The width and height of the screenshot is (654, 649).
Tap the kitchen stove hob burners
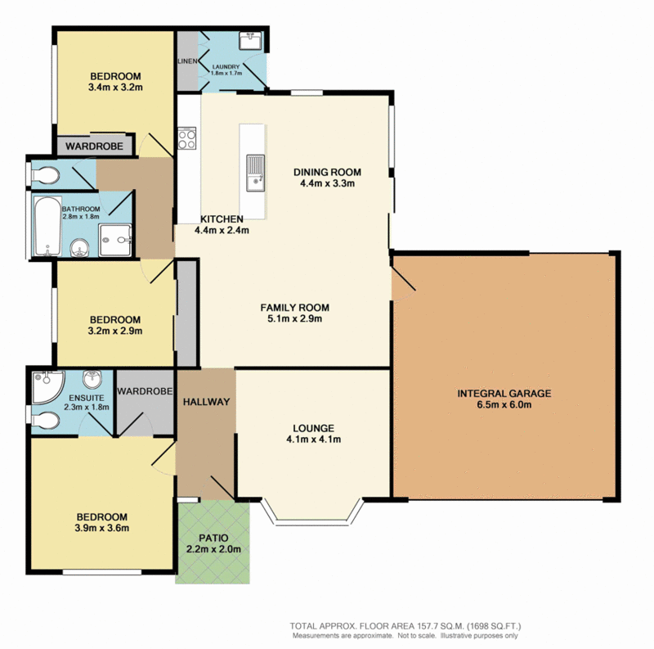click(x=186, y=138)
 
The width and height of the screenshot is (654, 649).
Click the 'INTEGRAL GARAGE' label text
click(x=504, y=393)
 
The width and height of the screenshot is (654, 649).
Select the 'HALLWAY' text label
click(x=206, y=402)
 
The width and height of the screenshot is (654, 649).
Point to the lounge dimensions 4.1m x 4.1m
click(x=313, y=439)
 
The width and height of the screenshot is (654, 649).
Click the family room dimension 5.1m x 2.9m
click(x=294, y=319)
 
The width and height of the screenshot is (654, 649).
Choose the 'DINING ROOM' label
click(x=327, y=172)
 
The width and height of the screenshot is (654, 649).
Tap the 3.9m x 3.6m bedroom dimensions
click(x=102, y=529)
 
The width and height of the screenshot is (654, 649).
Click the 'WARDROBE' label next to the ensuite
click(x=144, y=390)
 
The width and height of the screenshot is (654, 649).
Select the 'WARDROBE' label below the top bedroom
click(x=95, y=146)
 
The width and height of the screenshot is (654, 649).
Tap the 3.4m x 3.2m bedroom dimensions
click(x=114, y=84)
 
